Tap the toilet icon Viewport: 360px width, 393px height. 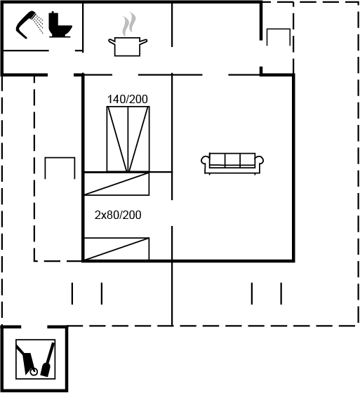[x=60, y=25]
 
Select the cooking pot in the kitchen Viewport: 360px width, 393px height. [x=128, y=46]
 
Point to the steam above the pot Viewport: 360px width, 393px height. [x=129, y=24]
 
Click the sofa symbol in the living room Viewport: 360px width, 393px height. [x=232, y=163]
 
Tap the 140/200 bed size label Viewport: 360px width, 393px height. [x=128, y=99]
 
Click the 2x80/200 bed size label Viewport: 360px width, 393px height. [x=118, y=215]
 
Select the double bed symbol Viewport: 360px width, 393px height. [x=128, y=139]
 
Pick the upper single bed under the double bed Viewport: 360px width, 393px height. [x=116, y=183]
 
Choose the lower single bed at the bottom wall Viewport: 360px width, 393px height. [x=116, y=249]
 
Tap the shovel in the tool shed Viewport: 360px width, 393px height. [x=48, y=360]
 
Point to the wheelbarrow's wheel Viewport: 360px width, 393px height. [x=34, y=372]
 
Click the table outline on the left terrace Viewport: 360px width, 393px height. [x=60, y=158]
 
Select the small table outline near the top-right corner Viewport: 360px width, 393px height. [x=279, y=29]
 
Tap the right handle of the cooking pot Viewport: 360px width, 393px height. [x=144, y=41]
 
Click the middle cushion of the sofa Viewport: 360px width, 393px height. [x=232, y=160]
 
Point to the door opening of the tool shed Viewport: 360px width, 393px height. [x=34, y=327]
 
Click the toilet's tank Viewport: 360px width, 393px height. [x=55, y=18]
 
